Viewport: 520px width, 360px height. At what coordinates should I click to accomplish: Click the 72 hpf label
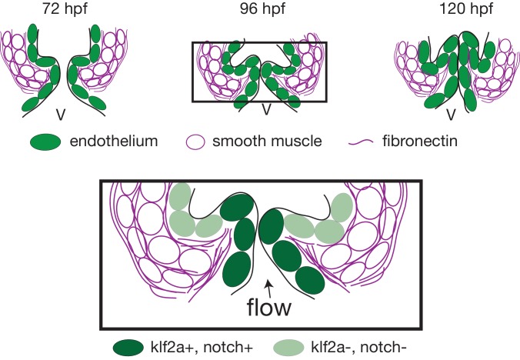65,8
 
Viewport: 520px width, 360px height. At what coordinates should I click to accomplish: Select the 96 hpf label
262,8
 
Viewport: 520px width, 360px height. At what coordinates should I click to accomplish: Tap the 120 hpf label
466,8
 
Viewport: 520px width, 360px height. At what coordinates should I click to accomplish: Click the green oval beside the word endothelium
45,142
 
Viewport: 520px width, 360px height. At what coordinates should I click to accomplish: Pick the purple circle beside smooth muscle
195,142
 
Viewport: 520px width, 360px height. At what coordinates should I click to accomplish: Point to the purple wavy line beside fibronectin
361,142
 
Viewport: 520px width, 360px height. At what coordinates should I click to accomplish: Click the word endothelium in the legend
114,142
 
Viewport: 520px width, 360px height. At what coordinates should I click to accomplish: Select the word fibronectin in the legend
420,142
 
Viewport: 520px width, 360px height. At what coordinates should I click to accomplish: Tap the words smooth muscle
267,142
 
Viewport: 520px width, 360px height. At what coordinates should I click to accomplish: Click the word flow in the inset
269,307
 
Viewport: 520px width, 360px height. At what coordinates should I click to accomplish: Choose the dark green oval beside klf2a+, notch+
128,348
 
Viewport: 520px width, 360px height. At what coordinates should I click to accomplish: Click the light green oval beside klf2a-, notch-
288,348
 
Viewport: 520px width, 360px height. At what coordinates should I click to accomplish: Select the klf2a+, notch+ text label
202,348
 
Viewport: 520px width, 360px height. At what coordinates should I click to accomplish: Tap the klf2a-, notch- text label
358,348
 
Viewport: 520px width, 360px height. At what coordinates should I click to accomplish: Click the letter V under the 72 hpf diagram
60,115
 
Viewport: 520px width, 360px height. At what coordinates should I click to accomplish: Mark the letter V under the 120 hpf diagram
451,115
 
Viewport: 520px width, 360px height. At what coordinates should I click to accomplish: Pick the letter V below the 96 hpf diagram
267,109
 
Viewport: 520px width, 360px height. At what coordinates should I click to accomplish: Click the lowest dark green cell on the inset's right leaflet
310,280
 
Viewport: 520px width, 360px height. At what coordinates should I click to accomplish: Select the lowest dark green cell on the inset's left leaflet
237,269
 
